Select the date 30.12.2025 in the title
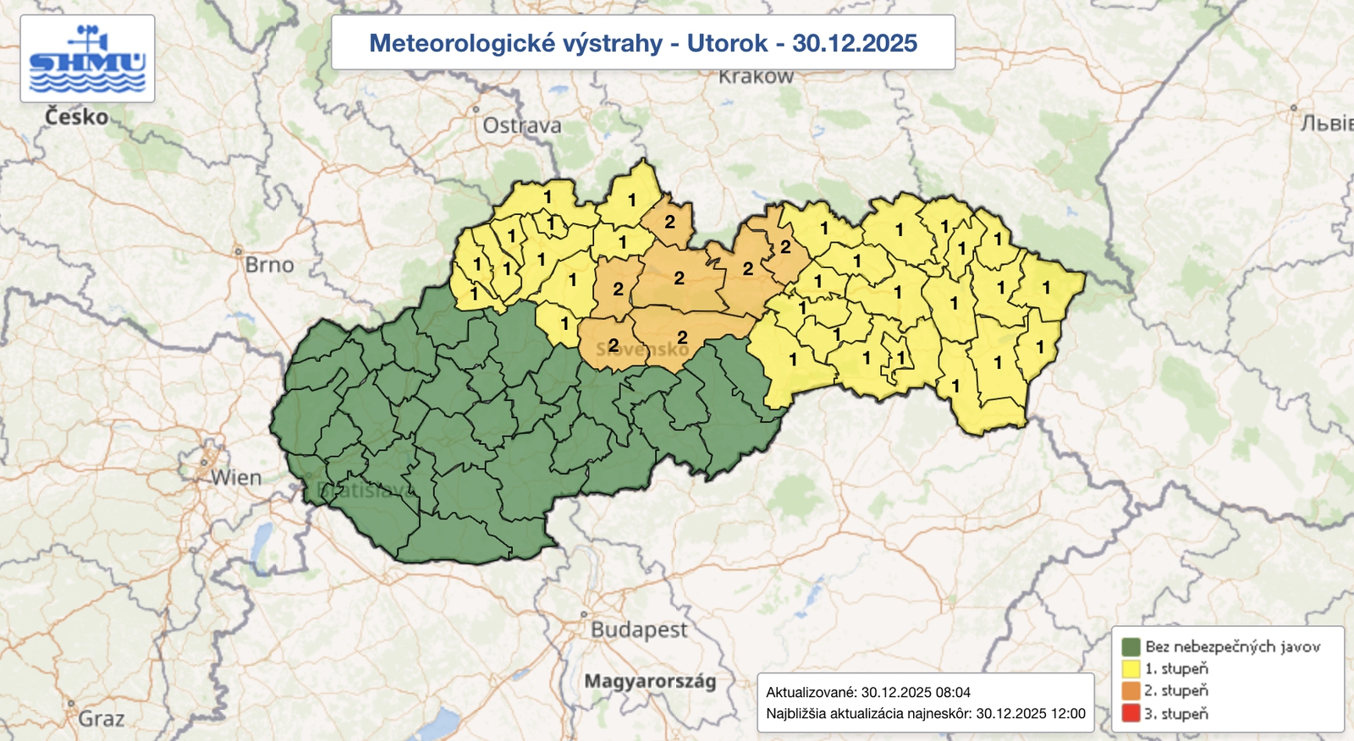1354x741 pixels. [x=854, y=43]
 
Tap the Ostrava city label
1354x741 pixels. [x=521, y=126]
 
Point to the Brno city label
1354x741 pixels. [x=269, y=265]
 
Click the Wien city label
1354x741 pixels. [x=236, y=478]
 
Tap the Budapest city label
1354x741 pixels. [x=639, y=630]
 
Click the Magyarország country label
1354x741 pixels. [x=650, y=681]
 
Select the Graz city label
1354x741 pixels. [x=101, y=719]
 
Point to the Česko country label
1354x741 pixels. [x=76, y=117]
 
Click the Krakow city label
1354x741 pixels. [x=756, y=77]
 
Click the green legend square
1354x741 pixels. [x=1131, y=647]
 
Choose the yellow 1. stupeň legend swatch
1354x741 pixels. [x=1131, y=669]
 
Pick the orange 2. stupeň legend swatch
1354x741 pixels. [x=1131, y=691]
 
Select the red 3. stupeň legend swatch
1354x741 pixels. [x=1131, y=713]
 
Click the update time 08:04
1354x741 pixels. [x=953, y=692]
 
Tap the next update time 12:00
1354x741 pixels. [x=1067, y=714]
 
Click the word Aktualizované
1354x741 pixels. [x=811, y=692]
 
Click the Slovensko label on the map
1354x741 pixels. [x=643, y=349]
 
